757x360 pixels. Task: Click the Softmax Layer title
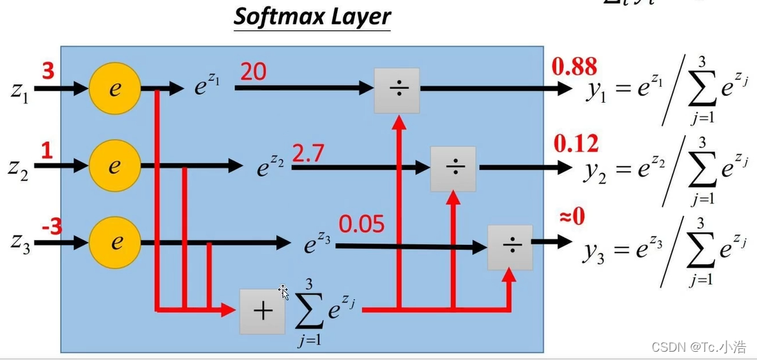pyautogui.click(x=312, y=17)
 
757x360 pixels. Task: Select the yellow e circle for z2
pyautogui.click(x=115, y=166)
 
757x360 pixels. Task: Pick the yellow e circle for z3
pyautogui.click(x=115, y=242)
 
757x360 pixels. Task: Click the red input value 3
pyautogui.click(x=48, y=71)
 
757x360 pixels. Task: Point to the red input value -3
pyautogui.click(x=52, y=226)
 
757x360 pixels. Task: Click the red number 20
pyautogui.click(x=253, y=71)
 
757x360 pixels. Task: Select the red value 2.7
pyautogui.click(x=309, y=153)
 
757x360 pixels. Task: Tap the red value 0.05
pyautogui.click(x=361, y=224)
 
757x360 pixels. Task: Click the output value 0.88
pyautogui.click(x=574, y=67)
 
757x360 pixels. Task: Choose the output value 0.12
pyautogui.click(x=576, y=144)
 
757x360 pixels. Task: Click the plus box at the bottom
pyautogui.click(x=262, y=311)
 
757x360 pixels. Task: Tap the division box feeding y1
pyautogui.click(x=397, y=91)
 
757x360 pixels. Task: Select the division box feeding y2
pyautogui.click(x=453, y=168)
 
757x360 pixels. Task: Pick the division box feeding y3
pyautogui.click(x=509, y=247)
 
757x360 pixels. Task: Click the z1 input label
pyautogui.click(x=19, y=90)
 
